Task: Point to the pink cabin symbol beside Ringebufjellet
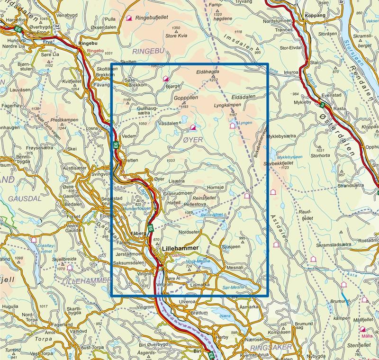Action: click(129, 18)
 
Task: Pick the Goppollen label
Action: click(185, 97)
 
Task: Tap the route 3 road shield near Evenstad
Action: click(322, 104)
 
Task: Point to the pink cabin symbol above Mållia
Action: click(363, 329)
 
